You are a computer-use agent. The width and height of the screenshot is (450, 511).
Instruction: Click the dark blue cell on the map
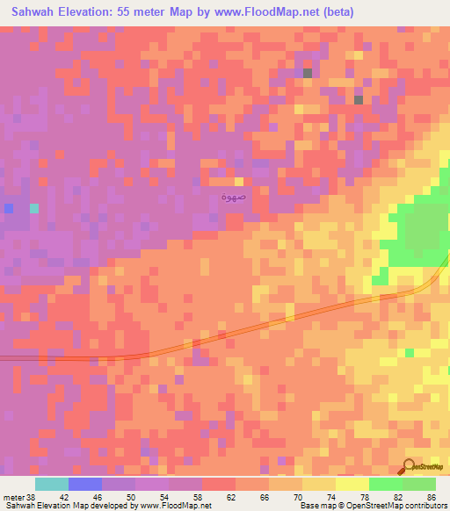[9, 208]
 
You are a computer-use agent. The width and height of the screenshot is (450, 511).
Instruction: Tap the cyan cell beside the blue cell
[34, 208]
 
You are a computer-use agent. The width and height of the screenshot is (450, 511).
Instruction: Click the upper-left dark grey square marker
[308, 74]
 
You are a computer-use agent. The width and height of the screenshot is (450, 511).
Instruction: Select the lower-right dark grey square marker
[359, 100]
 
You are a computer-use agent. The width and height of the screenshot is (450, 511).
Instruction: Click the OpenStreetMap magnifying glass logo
[410, 467]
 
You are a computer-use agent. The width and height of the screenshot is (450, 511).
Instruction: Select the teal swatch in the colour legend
[52, 484]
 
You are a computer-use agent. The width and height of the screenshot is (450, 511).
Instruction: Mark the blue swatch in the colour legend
[85, 484]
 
